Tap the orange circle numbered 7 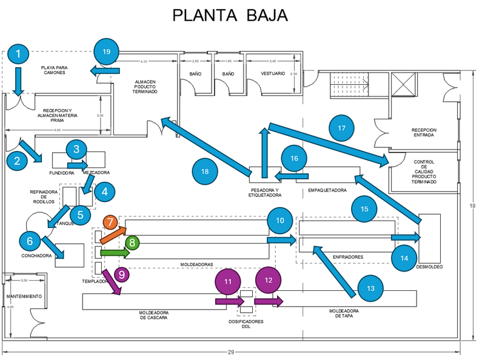click(x=110, y=222)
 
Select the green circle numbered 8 click(x=132, y=242)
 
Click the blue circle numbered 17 click(x=341, y=128)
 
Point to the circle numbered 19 click(x=107, y=52)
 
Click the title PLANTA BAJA click(x=230, y=15)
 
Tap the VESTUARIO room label click(x=273, y=73)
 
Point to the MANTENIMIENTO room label click(x=24, y=296)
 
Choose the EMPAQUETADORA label click(x=327, y=190)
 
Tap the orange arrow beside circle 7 click(x=113, y=235)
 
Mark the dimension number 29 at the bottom click(x=230, y=352)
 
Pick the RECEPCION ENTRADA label click(x=424, y=133)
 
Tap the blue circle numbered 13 click(x=371, y=288)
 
